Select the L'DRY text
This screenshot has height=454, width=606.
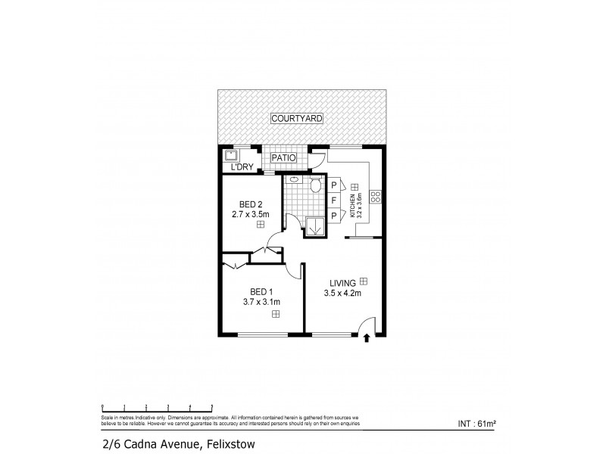pyautogui.click(x=242, y=167)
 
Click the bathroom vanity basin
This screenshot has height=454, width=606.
pyautogui.click(x=294, y=182)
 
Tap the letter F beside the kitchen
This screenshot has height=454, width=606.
pyautogui.click(x=333, y=201)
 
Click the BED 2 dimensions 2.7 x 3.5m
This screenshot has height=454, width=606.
pyautogui.click(x=250, y=214)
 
